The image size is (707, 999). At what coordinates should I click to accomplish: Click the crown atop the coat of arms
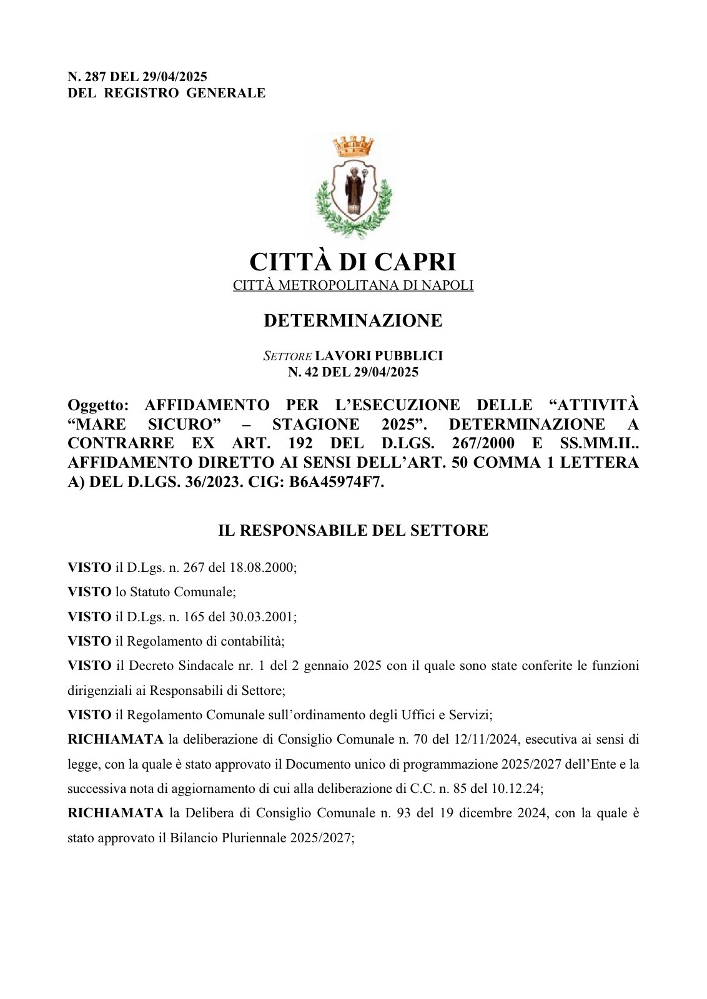pyautogui.click(x=353, y=147)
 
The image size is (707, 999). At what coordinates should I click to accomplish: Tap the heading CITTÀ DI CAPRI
pyautogui.click(x=353, y=262)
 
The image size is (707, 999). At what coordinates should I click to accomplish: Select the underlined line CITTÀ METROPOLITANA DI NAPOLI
pyautogui.click(x=353, y=285)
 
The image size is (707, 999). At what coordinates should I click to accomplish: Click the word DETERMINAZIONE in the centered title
pyautogui.click(x=353, y=320)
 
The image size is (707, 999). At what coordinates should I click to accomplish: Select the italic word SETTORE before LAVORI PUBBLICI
pyautogui.click(x=287, y=356)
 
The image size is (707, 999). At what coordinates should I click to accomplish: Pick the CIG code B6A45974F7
pyautogui.click(x=336, y=482)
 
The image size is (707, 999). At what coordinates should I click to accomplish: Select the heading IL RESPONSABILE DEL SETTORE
pyautogui.click(x=353, y=531)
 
